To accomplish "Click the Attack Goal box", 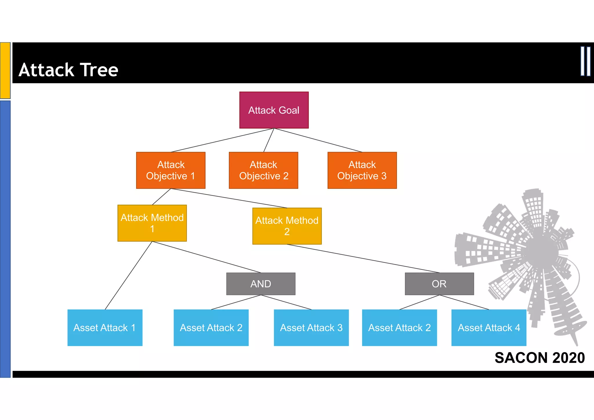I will click(274, 110).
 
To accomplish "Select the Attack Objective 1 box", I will click(171, 170).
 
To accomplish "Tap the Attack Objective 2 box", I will click(263, 170).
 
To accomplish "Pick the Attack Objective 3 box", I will click(362, 170).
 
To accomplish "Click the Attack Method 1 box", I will click(152, 223).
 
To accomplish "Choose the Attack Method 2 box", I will click(287, 226).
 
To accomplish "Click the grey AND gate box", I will click(261, 284).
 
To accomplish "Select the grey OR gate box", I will click(439, 284).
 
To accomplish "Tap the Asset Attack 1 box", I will click(105, 327).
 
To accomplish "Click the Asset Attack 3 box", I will click(311, 327).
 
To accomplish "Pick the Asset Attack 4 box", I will click(489, 327).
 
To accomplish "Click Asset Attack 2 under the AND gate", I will click(211, 327).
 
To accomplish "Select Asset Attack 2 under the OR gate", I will click(399, 327).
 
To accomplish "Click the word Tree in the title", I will click(99, 70).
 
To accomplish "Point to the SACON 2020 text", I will click(539, 358).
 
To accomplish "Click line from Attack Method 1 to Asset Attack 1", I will click(128, 275).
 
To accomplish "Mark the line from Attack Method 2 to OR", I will click(363, 258).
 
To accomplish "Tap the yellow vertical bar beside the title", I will click(5, 70).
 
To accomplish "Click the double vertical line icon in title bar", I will click(585, 61).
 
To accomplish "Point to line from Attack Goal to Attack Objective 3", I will click(318, 140).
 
